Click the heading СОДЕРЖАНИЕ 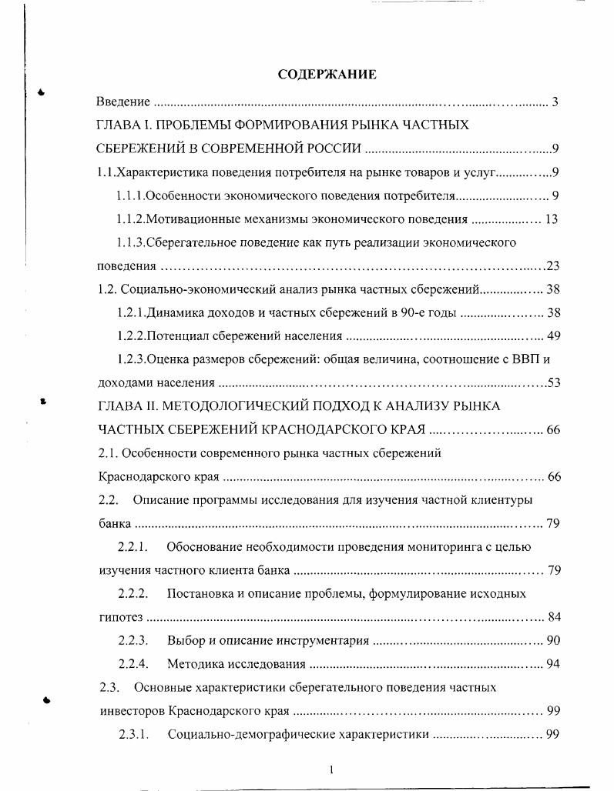click(327, 75)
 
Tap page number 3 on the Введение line click(555, 102)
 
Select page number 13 click(551, 219)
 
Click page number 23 click(552, 266)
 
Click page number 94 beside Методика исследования click(552, 663)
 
